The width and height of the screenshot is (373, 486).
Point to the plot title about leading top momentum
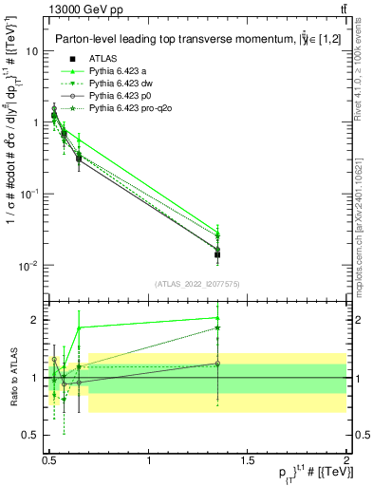pos(190,39)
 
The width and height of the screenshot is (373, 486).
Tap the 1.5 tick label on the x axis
pos(247,460)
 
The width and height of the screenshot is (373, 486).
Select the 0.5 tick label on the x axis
pos(49,460)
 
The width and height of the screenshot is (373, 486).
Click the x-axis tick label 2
pos(345,460)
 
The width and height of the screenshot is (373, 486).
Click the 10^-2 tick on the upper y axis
pos(28,265)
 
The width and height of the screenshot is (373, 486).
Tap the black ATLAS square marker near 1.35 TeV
pos(217,254)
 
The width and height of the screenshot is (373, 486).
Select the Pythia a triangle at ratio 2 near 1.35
pos(217,319)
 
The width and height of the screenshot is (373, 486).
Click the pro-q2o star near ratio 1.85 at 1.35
pos(217,328)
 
